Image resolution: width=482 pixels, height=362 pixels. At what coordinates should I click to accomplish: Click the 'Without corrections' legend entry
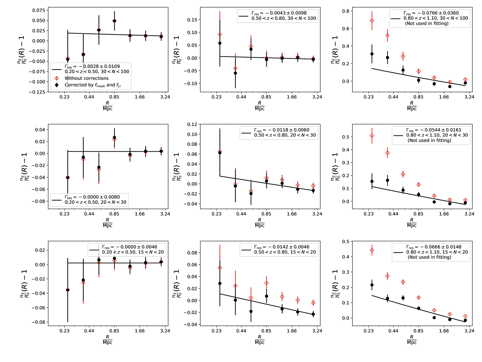point(86,78)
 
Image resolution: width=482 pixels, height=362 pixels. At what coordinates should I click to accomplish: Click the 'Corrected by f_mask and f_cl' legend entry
point(93,85)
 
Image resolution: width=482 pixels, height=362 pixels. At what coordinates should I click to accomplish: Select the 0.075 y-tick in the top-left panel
point(39,10)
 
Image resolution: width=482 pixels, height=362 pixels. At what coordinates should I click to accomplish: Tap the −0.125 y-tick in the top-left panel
point(37,92)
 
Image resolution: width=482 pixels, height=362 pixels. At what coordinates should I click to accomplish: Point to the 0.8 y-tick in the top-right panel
point(345,11)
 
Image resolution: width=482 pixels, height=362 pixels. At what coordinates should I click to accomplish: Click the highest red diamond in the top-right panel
point(372,21)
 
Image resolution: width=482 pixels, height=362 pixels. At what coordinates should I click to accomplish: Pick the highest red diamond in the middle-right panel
point(372,136)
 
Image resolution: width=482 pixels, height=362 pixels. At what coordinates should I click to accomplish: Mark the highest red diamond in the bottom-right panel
point(372,250)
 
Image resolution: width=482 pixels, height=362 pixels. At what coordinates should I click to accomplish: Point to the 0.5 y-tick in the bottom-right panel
point(345,242)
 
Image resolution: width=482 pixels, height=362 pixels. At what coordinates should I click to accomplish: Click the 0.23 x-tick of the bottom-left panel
point(65,331)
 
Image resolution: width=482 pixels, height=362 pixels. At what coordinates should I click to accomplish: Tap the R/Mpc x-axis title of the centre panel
point(259,223)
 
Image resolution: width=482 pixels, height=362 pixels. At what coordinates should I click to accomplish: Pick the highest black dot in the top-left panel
point(114,21)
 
